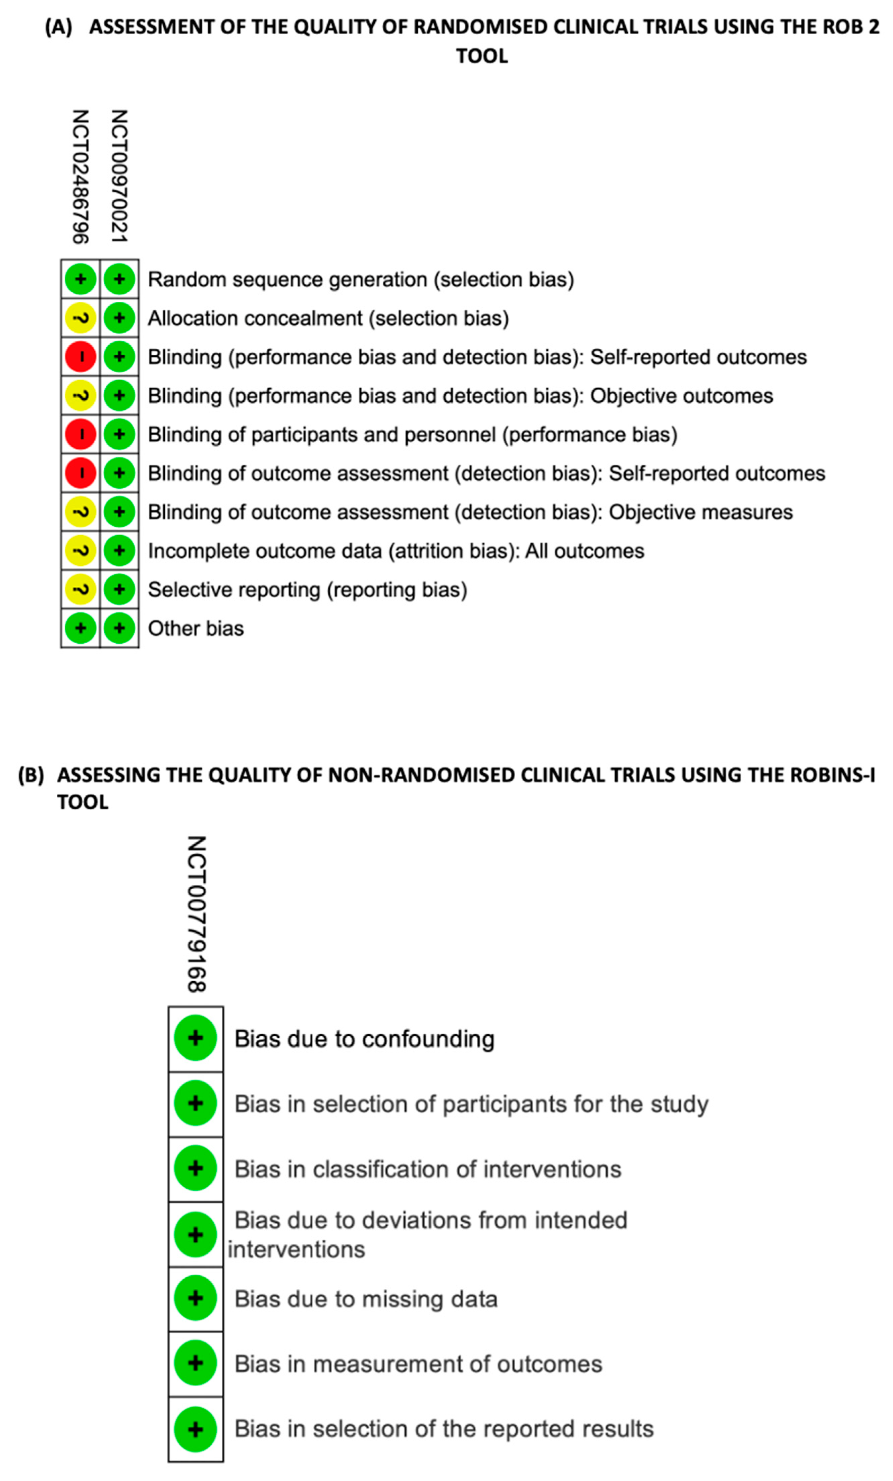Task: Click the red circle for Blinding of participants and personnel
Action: pos(81,435)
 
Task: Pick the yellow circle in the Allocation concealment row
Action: pos(81,318)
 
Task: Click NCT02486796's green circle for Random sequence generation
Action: pos(81,280)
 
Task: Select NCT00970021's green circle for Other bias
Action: pos(119,628)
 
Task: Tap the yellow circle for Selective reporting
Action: pos(81,590)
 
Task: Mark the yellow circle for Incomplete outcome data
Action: pos(81,551)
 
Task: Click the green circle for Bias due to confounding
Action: pos(195,1038)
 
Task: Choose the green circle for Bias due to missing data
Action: pos(195,1298)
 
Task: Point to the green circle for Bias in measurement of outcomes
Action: pos(195,1363)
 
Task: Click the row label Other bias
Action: pos(196,629)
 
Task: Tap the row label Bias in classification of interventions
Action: pos(427,1169)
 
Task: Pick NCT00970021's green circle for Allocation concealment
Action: pos(119,318)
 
